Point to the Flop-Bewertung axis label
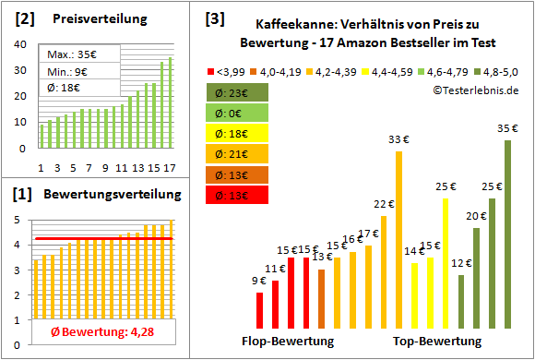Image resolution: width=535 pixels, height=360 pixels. click(x=288, y=341)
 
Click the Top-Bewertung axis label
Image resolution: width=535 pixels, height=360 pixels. click(x=437, y=341)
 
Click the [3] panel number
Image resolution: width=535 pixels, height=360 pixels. click(x=214, y=18)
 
